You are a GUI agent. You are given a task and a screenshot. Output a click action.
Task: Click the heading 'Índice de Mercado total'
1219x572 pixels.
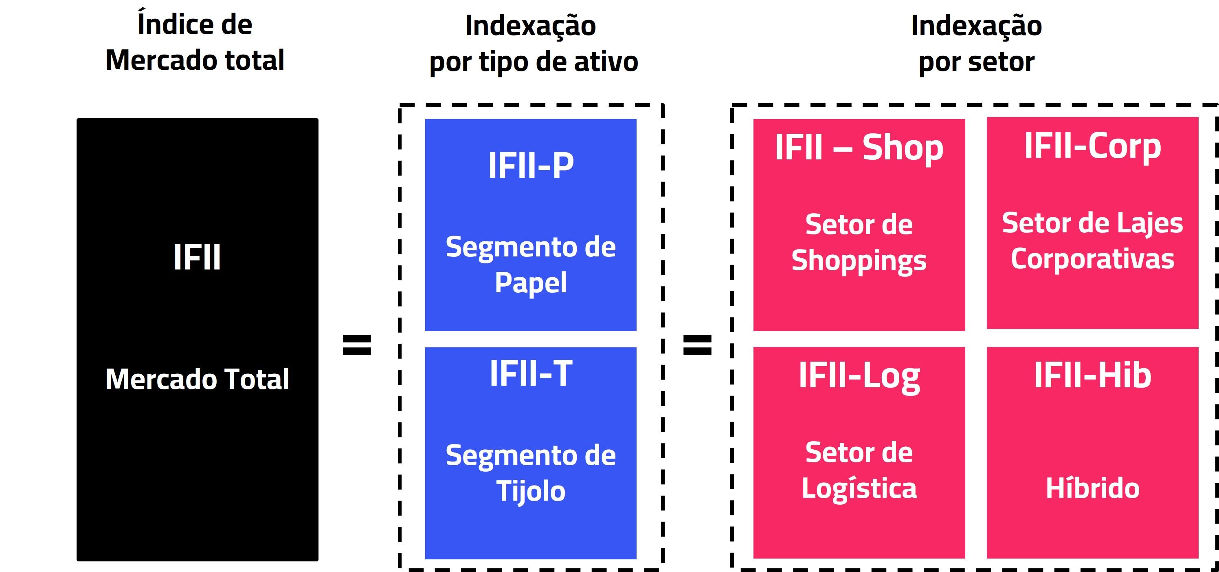(x=195, y=43)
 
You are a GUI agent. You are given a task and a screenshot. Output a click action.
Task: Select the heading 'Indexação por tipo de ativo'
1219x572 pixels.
(x=533, y=44)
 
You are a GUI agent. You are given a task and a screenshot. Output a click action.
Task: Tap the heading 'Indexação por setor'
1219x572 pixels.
(x=976, y=44)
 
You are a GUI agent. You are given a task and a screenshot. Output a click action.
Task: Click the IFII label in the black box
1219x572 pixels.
(x=197, y=258)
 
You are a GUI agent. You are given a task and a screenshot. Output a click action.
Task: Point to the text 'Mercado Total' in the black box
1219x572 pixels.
(x=197, y=379)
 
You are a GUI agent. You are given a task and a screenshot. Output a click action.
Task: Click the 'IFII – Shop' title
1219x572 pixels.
(x=859, y=148)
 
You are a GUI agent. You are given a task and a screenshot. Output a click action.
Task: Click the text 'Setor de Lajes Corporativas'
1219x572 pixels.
(x=1092, y=241)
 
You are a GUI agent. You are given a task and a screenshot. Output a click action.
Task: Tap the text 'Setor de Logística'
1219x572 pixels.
(x=859, y=470)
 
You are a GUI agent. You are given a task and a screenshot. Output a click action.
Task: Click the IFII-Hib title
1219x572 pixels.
(x=1092, y=375)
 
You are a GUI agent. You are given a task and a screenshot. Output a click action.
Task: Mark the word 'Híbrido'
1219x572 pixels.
(x=1092, y=488)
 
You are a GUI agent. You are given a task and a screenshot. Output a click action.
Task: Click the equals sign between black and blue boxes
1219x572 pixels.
(x=357, y=345)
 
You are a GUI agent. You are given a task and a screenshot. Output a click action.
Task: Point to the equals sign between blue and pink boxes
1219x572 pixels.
(x=697, y=345)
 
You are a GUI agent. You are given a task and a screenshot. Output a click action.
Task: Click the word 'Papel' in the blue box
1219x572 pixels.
(x=530, y=283)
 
